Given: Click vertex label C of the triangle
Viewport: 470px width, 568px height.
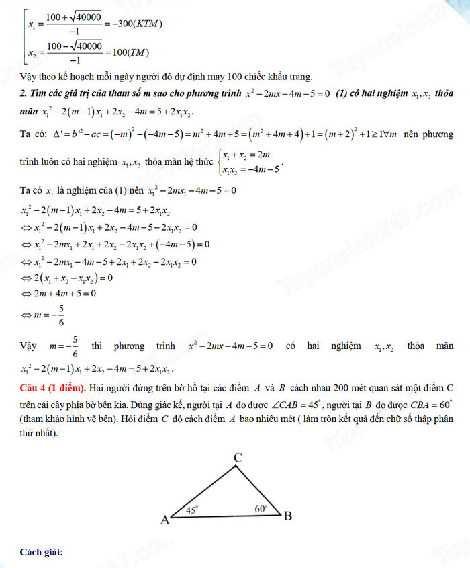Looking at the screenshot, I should tap(237, 457).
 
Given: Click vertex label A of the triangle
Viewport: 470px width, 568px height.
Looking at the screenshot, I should tap(163, 519).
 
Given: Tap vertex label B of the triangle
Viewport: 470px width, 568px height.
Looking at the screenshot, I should tap(287, 516).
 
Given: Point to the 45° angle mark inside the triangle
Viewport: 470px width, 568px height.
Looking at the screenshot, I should tap(192, 510).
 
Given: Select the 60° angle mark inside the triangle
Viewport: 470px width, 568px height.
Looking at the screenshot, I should tap(261, 509).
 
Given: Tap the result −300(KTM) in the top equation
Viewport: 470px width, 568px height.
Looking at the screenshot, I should tap(135, 25).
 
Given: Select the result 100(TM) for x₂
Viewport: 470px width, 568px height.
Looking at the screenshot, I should tap(128, 53).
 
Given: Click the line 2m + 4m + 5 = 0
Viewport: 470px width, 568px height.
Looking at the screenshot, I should tap(58, 293).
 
